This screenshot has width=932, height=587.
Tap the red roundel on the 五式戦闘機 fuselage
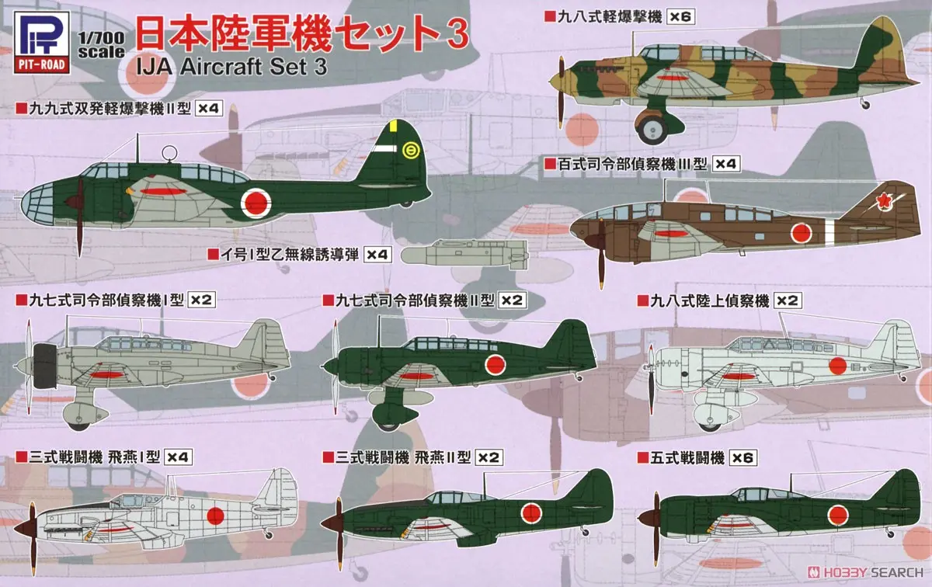[838, 513]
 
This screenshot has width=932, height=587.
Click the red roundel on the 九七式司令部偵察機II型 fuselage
[495, 363]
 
